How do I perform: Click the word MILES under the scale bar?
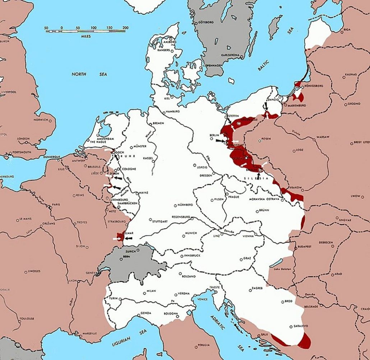point(86,36)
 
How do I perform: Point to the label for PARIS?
point(55,205)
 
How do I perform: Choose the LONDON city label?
point(23,139)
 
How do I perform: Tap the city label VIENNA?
point(248,236)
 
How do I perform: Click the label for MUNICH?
point(191,233)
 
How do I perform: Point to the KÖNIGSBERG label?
point(314,85)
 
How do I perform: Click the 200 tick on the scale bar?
point(125,28)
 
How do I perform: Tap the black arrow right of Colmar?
point(128,238)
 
